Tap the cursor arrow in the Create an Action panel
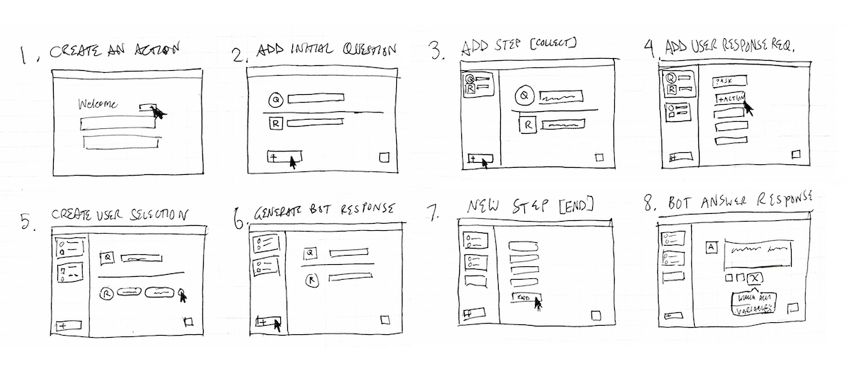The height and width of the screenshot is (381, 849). pyautogui.click(x=158, y=113)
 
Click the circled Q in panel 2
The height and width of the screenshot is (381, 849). pyautogui.click(x=277, y=100)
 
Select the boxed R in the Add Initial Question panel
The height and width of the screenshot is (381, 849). pyautogui.click(x=277, y=124)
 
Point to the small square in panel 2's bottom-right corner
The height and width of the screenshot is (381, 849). pyautogui.click(x=384, y=158)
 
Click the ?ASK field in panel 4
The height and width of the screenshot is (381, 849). pyautogui.click(x=727, y=82)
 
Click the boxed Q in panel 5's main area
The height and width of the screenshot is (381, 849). pyautogui.click(x=109, y=258)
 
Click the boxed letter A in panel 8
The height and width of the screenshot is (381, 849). pyautogui.click(x=711, y=248)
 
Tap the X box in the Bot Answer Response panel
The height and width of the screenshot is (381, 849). pyautogui.click(x=756, y=278)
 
